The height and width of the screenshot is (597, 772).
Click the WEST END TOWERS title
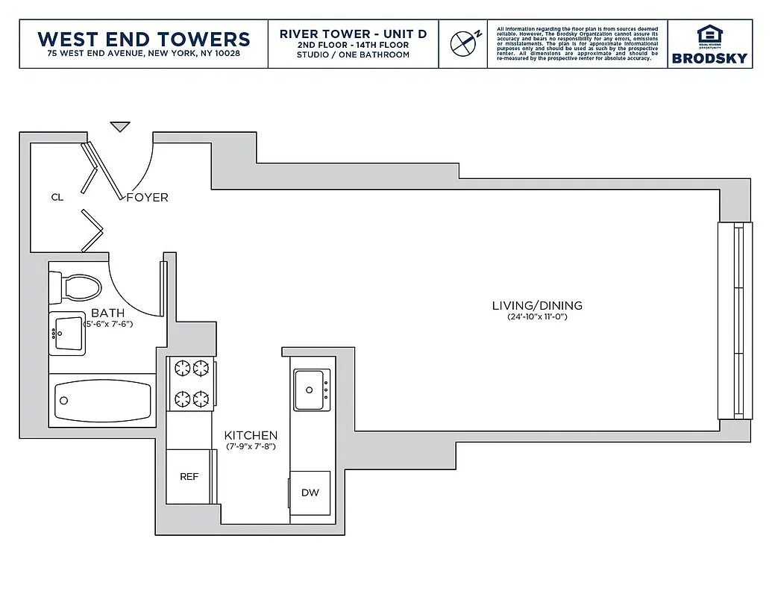click(x=143, y=39)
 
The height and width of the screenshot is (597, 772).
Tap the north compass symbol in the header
click(x=462, y=43)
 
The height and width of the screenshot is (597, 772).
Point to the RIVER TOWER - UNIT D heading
click(x=353, y=34)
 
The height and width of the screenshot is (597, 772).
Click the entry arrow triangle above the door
click(x=120, y=127)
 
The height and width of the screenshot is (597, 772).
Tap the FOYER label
click(x=147, y=198)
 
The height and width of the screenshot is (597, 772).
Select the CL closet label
click(x=57, y=198)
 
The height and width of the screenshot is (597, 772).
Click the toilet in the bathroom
click(x=74, y=287)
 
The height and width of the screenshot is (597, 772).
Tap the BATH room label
click(x=108, y=313)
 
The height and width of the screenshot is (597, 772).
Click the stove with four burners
click(x=191, y=383)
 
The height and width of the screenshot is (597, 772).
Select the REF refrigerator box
click(x=189, y=476)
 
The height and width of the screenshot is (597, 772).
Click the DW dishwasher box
click(x=310, y=493)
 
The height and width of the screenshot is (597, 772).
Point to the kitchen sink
click(x=310, y=389)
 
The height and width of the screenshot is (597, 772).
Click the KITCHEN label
click(x=251, y=435)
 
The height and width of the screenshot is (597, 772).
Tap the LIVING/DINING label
click(x=537, y=305)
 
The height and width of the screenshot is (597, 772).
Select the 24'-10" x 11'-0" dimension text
click(x=537, y=317)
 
